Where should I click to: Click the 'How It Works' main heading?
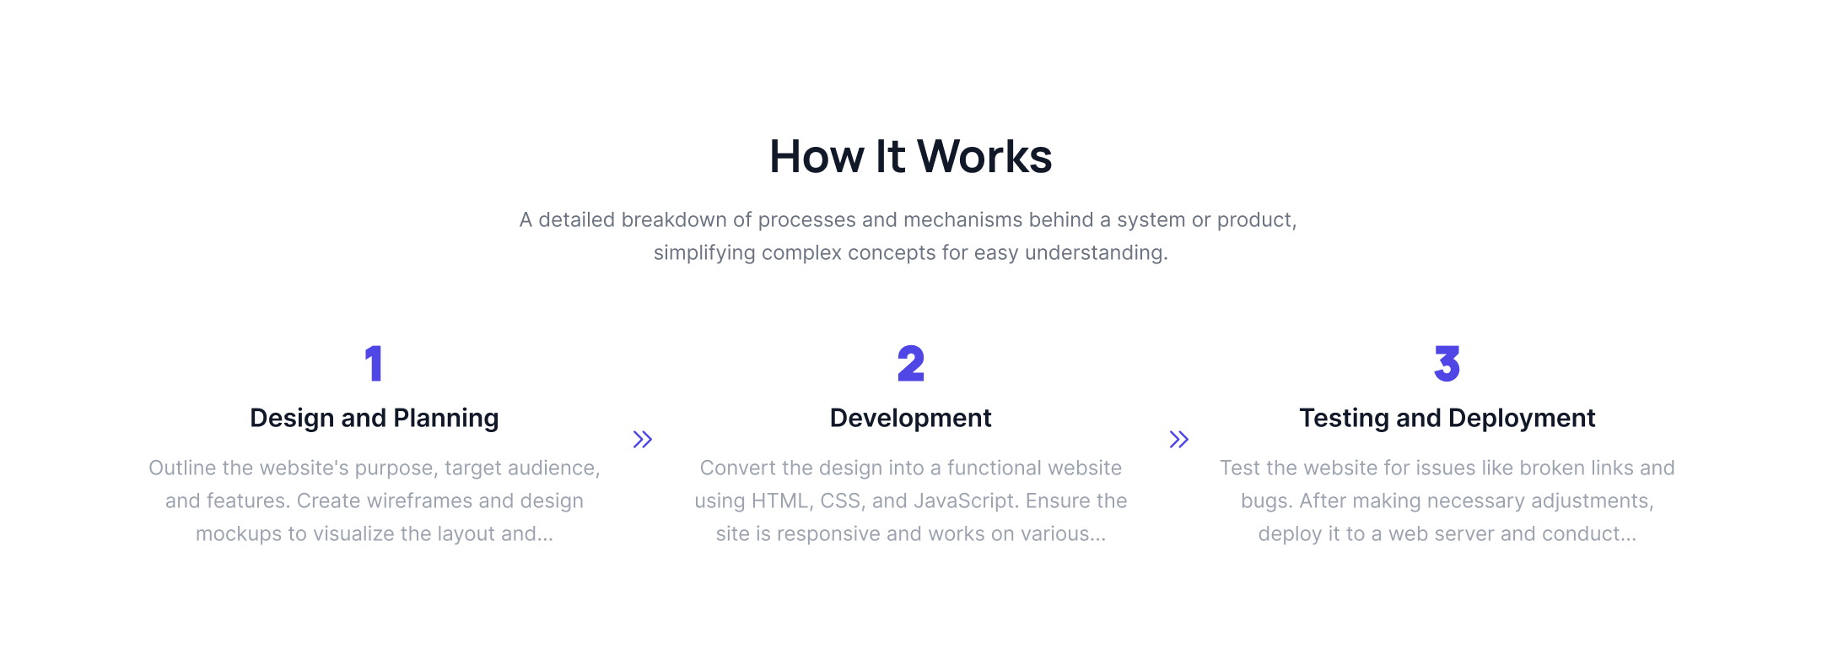(x=911, y=156)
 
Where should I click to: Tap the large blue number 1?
(x=374, y=364)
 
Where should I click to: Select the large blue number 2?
(x=911, y=364)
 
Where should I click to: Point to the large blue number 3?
(x=1447, y=364)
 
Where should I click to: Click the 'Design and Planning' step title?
(x=375, y=418)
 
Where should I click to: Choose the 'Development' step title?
(x=911, y=418)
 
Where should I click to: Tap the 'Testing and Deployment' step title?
(x=1447, y=418)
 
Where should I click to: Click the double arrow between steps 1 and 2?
(x=643, y=439)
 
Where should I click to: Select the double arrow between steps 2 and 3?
(x=1179, y=439)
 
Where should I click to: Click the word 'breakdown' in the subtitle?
(x=674, y=219)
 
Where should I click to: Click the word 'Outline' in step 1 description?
(x=182, y=468)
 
